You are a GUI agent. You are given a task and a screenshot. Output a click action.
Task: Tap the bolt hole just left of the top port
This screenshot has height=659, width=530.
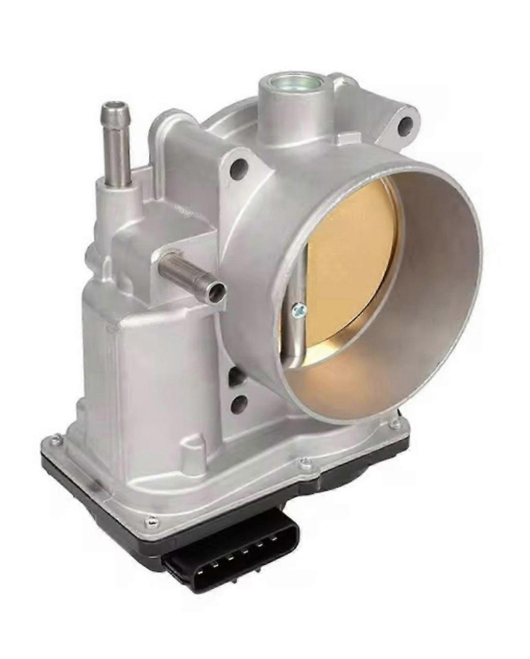point(239,169)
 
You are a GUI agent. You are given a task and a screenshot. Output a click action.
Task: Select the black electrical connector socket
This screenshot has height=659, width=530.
point(231,549)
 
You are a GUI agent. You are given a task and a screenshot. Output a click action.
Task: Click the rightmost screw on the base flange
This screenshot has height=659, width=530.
point(395,424)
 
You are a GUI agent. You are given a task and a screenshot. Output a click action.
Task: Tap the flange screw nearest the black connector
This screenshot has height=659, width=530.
point(152,521)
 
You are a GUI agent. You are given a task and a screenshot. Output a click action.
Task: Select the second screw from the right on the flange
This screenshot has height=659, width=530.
point(305,464)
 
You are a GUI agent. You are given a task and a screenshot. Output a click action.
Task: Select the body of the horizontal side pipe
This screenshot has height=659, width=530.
point(183,272)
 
